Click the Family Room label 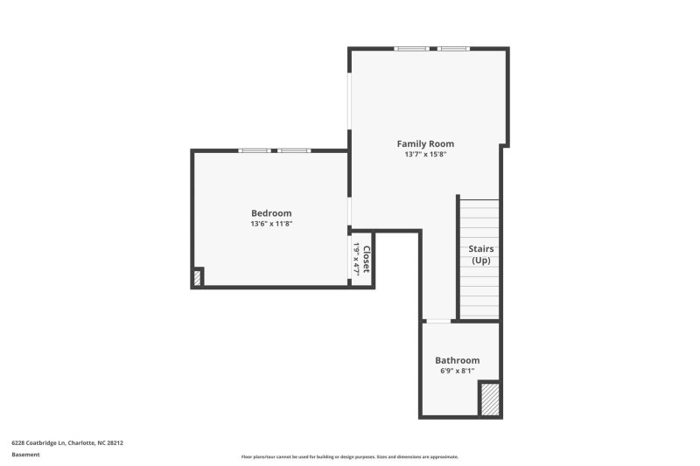[x=425, y=143]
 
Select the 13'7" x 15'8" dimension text [x=425, y=155]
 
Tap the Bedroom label [x=271, y=212]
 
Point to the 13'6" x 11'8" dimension [x=271, y=224]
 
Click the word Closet [x=367, y=260]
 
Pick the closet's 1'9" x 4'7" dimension [x=356, y=260]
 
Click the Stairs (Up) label [x=480, y=254]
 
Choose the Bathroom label [x=457, y=360]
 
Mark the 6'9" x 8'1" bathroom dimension [x=457, y=371]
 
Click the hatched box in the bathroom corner [x=490, y=399]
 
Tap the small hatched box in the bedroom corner [x=198, y=278]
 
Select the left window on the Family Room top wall [x=411, y=49]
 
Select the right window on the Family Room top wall [x=454, y=49]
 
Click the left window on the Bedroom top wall [x=255, y=150]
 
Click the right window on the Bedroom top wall [x=294, y=150]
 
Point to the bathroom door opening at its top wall [x=437, y=322]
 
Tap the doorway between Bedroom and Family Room [x=349, y=210]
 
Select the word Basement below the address [x=25, y=455]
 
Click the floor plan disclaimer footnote [x=349, y=456]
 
